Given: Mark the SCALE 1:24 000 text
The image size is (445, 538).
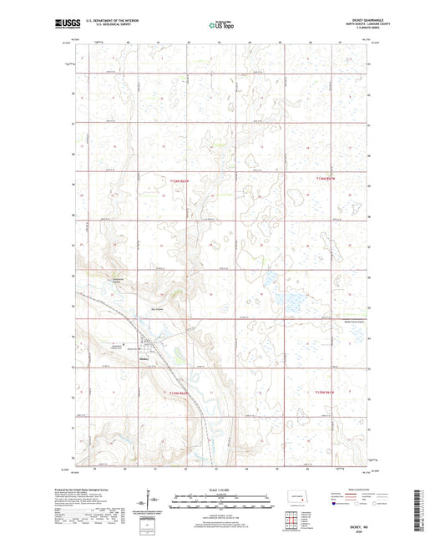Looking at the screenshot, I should (224, 490).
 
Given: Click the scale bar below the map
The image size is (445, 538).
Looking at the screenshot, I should (224, 499).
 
